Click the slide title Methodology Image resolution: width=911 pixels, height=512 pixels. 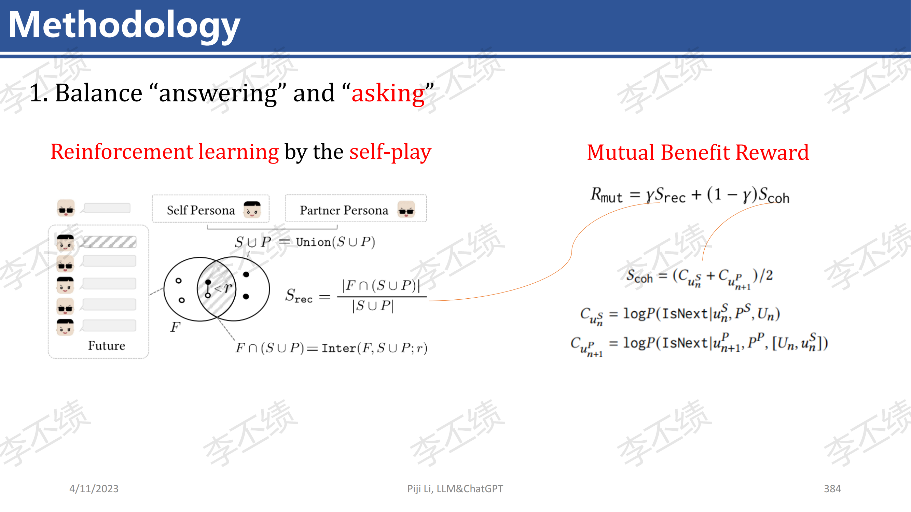(x=124, y=26)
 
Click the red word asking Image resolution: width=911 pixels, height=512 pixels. (x=388, y=93)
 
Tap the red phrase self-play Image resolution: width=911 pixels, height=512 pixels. (x=390, y=152)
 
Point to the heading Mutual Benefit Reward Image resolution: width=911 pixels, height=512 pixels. (x=698, y=152)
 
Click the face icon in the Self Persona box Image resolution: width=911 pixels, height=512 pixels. (x=252, y=210)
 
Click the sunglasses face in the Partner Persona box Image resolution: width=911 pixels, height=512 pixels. (x=406, y=210)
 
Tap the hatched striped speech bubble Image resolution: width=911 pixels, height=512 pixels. (x=110, y=242)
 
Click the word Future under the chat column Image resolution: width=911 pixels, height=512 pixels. (x=107, y=345)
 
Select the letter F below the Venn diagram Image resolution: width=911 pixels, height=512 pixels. (x=175, y=327)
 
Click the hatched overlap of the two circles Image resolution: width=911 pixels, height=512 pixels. (x=217, y=289)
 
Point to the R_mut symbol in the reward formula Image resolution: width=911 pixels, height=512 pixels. (x=606, y=195)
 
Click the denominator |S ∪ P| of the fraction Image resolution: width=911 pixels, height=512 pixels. (x=373, y=306)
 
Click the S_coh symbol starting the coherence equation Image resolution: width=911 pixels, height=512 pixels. (x=639, y=276)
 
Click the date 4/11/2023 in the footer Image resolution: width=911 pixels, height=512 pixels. (x=94, y=489)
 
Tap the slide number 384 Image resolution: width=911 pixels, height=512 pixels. (x=832, y=489)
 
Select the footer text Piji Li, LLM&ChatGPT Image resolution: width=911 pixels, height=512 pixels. (x=455, y=489)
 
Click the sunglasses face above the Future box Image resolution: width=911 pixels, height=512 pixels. (x=66, y=208)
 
